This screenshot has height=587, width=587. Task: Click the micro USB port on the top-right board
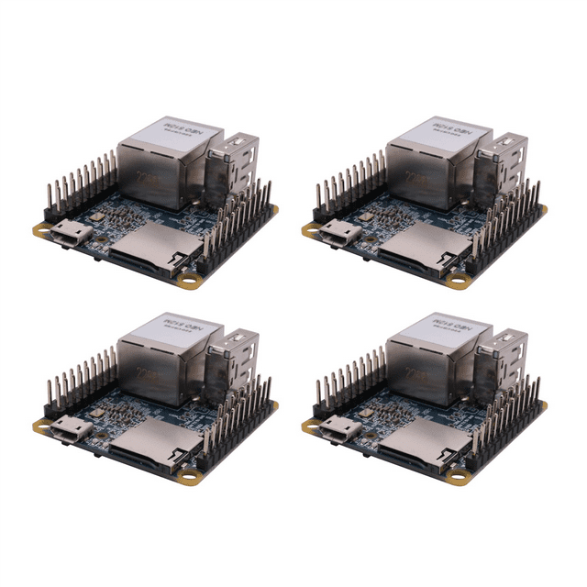337,233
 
